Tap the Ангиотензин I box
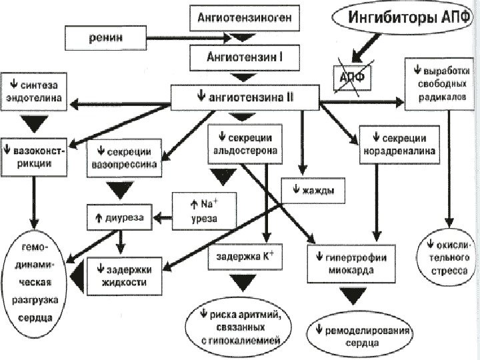pos(243,57)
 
